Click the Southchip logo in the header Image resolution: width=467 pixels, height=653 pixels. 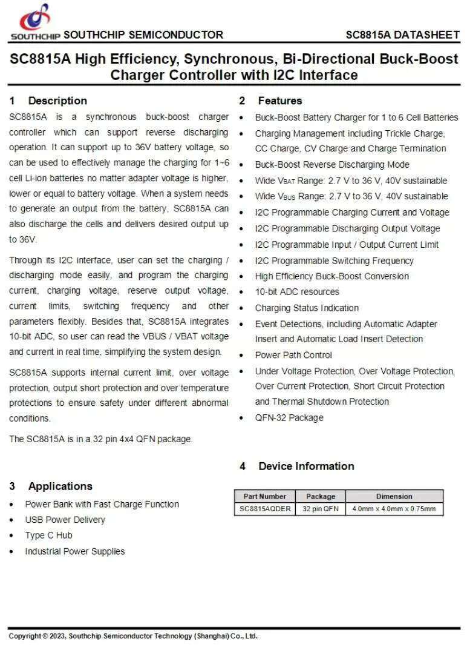[x=34, y=21]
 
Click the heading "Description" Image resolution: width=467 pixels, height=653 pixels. [x=57, y=101]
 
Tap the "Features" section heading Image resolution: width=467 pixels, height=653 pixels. [x=279, y=101]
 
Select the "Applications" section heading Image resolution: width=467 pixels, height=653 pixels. [x=60, y=486]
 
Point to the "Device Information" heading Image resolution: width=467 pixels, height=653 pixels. [x=305, y=466]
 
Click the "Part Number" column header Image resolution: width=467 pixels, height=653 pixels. [x=265, y=496]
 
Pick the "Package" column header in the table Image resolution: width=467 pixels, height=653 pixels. [x=320, y=496]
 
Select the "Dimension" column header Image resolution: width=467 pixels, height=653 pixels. [x=394, y=496]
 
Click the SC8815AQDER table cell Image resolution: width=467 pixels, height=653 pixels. [x=265, y=509]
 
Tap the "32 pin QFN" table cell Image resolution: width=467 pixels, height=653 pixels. [x=320, y=509]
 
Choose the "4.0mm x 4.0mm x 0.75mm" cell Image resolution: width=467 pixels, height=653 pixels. [x=394, y=509]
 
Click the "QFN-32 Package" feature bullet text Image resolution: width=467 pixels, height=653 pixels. [x=289, y=417]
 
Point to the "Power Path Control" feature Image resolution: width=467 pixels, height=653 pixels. [x=293, y=355]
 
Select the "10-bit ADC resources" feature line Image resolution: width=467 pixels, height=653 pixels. [x=297, y=291]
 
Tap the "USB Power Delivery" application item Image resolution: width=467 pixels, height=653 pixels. [x=65, y=520]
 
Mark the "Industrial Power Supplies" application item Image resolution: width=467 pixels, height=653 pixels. [x=75, y=551]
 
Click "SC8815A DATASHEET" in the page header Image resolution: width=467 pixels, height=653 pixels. [x=402, y=35]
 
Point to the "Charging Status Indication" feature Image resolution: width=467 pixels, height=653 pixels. [x=307, y=308]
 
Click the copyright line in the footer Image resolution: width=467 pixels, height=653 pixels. [x=133, y=635]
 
